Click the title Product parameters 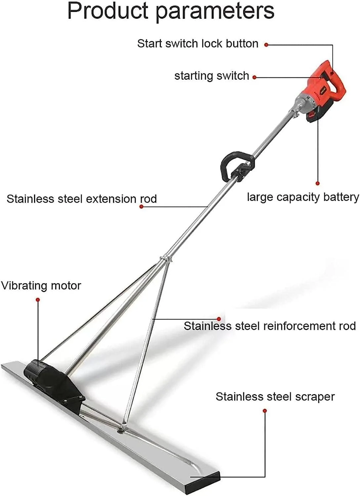click(171, 11)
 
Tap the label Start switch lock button click(198, 43)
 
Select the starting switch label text click(211, 76)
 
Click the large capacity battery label click(303, 197)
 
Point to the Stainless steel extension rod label click(81, 199)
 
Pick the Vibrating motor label click(41, 286)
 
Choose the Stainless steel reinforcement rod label click(270, 326)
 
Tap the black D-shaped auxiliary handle click(234, 165)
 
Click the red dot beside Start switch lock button click(266, 45)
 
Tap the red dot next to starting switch click(254, 77)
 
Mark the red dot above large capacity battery click(317, 183)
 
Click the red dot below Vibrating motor click(38, 300)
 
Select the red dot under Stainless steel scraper click(265, 411)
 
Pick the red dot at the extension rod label click(141, 207)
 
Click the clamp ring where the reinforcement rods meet click(166, 259)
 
